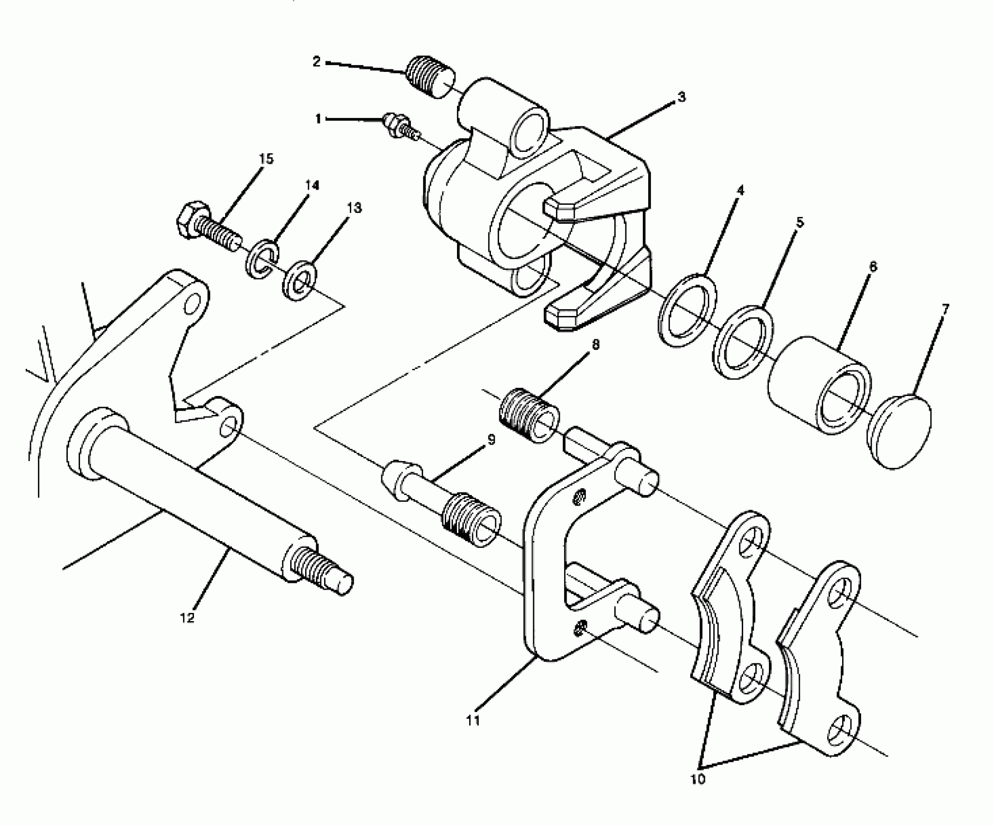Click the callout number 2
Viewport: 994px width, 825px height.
coord(317,62)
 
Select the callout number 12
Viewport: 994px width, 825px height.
coord(187,618)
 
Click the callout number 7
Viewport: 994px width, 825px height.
coord(945,308)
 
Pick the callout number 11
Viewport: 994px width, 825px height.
coord(473,720)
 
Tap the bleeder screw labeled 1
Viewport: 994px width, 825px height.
coord(401,127)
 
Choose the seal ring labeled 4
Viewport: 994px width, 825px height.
coord(687,311)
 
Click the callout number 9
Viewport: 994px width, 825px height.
coord(491,440)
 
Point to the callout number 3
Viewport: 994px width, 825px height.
coord(682,97)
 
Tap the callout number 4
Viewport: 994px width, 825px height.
coord(739,190)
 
